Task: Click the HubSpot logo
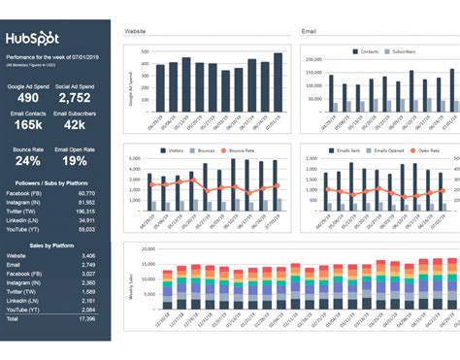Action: [34, 41]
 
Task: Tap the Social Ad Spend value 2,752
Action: [75, 98]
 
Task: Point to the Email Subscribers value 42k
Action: [75, 125]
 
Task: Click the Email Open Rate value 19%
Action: [75, 161]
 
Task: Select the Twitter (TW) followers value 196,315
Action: [85, 211]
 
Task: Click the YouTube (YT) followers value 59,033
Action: [86, 230]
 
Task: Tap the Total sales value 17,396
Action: [86, 345]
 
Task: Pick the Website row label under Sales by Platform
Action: [17, 281]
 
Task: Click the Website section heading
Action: [135, 32]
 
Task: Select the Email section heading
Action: [310, 32]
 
